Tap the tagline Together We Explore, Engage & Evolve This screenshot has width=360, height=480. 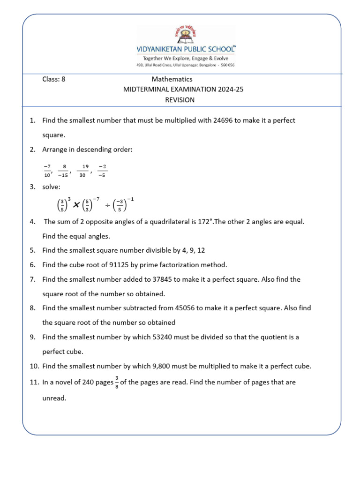tap(186, 58)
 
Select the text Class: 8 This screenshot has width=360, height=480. tap(54, 79)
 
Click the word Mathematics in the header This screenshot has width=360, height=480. tap(172, 79)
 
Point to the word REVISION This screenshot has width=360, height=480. tap(180, 100)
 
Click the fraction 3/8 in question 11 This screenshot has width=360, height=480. tap(116, 383)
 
